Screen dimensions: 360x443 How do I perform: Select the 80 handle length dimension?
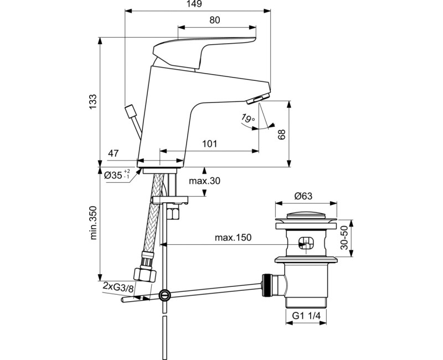point(215,20)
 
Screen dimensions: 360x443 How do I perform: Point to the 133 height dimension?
point(93,100)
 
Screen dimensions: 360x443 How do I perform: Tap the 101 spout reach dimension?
point(209,144)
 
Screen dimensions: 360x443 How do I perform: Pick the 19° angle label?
point(248,118)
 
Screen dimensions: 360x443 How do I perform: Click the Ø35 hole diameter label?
point(117,175)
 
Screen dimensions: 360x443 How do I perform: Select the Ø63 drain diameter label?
point(304,196)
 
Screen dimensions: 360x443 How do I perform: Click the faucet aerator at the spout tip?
point(256,99)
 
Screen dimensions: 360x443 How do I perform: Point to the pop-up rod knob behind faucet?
point(131,111)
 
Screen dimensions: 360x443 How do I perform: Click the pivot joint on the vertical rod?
point(163,295)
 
